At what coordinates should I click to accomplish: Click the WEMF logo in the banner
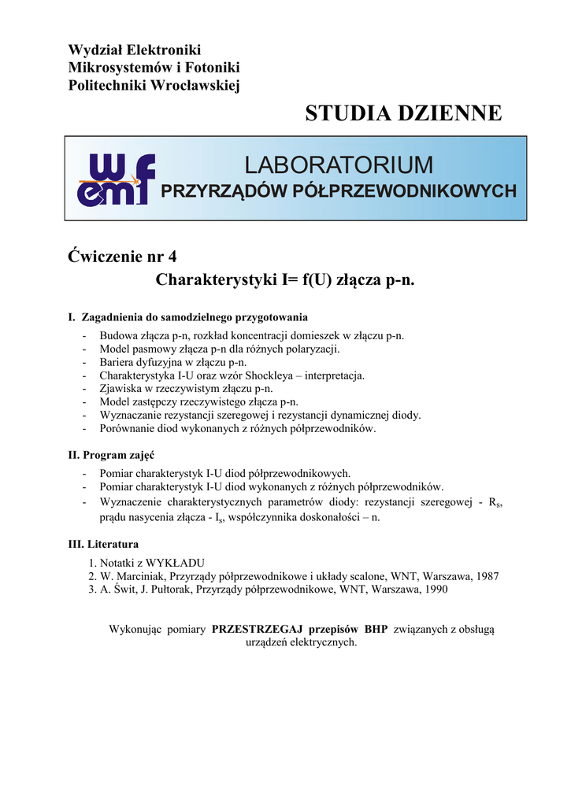pos(115,179)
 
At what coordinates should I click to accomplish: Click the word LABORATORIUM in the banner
pos(339,165)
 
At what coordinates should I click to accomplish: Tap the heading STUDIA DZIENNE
pos(402,113)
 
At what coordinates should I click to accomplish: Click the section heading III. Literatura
pos(104,544)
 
